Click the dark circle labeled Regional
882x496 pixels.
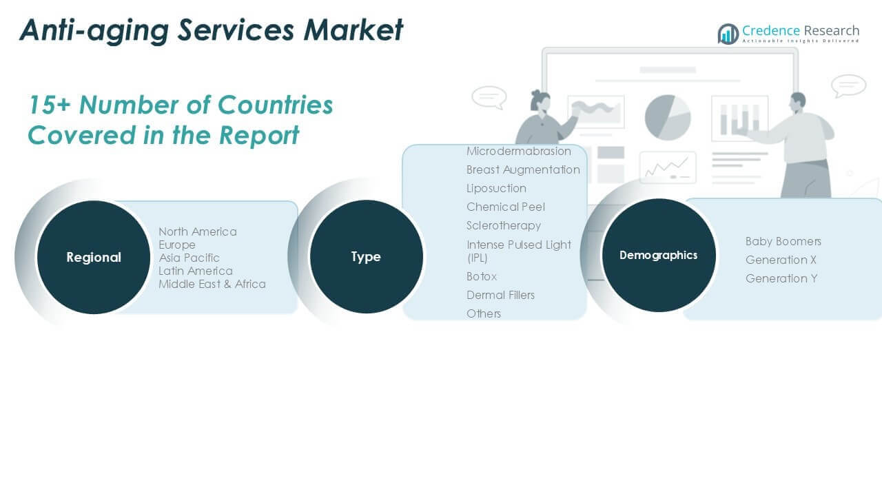pyautogui.click(x=94, y=257)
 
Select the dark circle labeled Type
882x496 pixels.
pyautogui.click(x=366, y=257)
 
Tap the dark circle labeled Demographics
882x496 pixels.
pyautogui.click(x=659, y=255)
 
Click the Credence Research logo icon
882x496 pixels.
pyautogui.click(x=728, y=34)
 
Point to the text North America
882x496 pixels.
pyautogui.click(x=198, y=231)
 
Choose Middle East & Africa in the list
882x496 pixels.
pyautogui.click(x=212, y=284)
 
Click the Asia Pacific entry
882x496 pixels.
pyautogui.click(x=189, y=258)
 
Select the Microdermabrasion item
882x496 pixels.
pyautogui.click(x=519, y=151)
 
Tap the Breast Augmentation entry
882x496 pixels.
pyautogui.click(x=523, y=169)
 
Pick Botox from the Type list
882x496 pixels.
pyautogui.click(x=482, y=276)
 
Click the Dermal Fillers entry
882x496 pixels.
pyautogui.click(x=500, y=295)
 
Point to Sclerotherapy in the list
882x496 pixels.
pyautogui.click(x=504, y=225)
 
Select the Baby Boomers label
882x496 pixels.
pyautogui.click(x=783, y=241)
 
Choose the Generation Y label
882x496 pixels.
pyautogui.click(x=781, y=279)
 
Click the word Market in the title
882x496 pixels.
pyautogui.click(x=353, y=30)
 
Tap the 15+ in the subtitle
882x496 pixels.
pyautogui.click(x=49, y=105)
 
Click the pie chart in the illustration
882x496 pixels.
pyautogui.click(x=668, y=117)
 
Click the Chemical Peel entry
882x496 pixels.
pyautogui.click(x=506, y=207)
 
